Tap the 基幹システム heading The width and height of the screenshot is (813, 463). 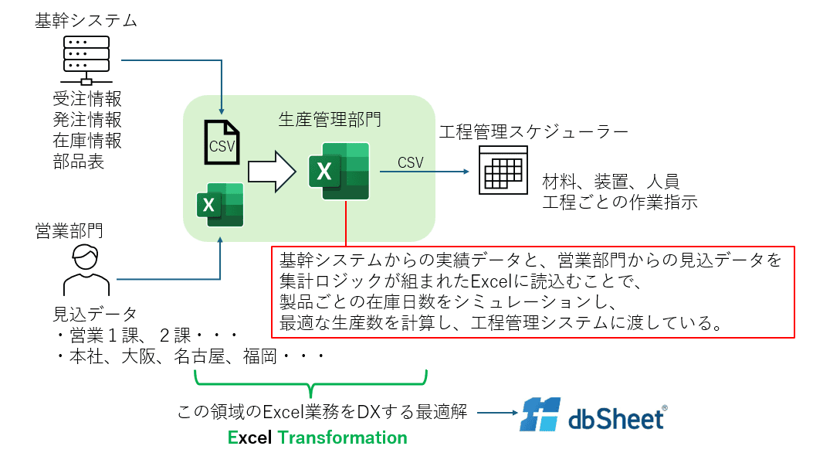pos(86,21)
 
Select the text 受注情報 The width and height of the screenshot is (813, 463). pos(87,100)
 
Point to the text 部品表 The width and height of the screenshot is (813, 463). pos(79,162)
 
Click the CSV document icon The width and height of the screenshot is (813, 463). pos(222,142)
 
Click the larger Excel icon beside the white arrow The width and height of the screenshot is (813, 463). pos(338,171)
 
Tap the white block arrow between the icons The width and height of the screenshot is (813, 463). pos(273,171)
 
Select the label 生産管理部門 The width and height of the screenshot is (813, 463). pos(330,119)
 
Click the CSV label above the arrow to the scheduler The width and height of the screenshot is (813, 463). pos(410,162)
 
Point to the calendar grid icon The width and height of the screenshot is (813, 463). pos(502,170)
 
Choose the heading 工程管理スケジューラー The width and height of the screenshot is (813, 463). pos(534,131)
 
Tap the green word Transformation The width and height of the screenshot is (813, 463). pos(342,437)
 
